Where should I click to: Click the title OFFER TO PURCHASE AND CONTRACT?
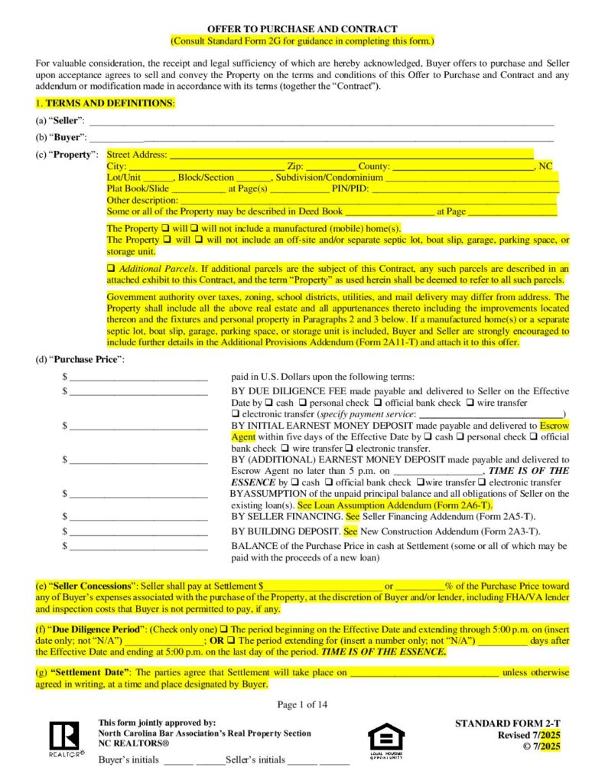pos(302,28)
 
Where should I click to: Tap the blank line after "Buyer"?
pos(321,138)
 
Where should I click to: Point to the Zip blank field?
pos(331,166)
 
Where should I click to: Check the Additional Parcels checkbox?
pos(111,269)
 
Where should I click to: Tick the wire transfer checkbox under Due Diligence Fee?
pos(471,403)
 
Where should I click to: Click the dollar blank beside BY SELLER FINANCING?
pos(138,517)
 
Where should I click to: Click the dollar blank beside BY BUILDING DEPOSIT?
pos(138,531)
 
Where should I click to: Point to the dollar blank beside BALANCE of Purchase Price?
pos(138,546)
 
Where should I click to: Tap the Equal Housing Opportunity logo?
pos(386,739)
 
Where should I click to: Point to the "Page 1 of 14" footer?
pos(302,704)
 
